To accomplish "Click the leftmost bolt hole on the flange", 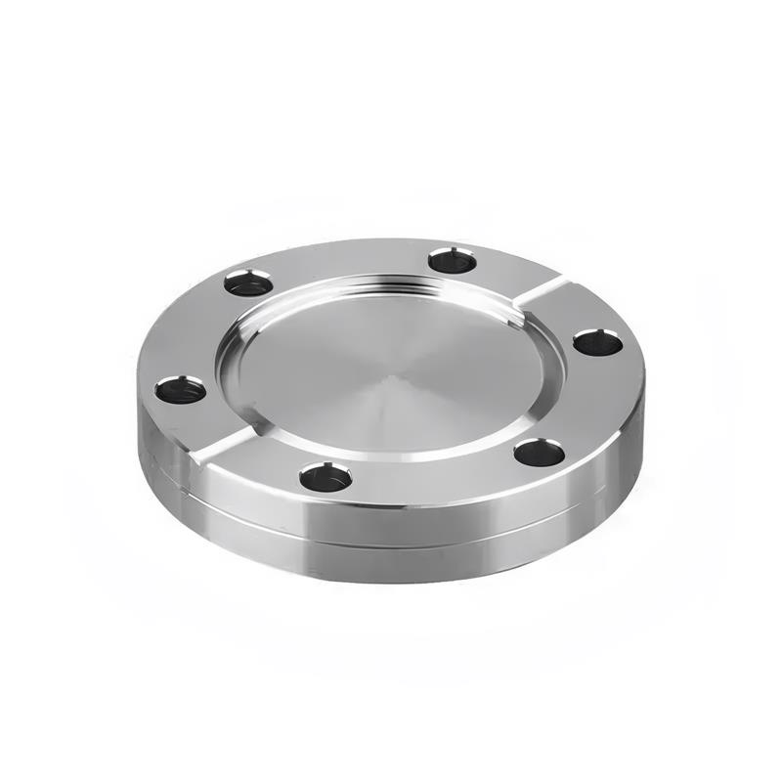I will click(x=181, y=390).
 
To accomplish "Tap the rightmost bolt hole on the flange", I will click(x=597, y=342).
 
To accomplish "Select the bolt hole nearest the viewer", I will click(x=326, y=477).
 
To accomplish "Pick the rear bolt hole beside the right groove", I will click(x=453, y=260).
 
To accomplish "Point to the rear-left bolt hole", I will click(x=248, y=283).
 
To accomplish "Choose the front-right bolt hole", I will click(x=540, y=453).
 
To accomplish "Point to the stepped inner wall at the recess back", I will click(x=391, y=286).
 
